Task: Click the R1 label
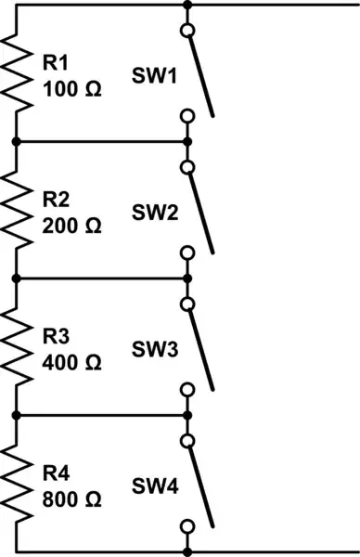click(x=55, y=62)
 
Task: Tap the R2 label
click(x=56, y=199)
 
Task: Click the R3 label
click(x=56, y=335)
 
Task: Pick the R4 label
click(x=56, y=472)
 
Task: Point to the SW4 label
click(x=155, y=485)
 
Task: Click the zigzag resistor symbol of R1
click(x=16, y=72)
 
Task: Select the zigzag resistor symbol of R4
click(x=16, y=483)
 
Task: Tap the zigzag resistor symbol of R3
click(x=16, y=346)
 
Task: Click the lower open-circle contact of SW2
click(x=187, y=253)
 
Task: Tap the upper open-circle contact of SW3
click(x=187, y=304)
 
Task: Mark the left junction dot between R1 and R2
click(x=16, y=141)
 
